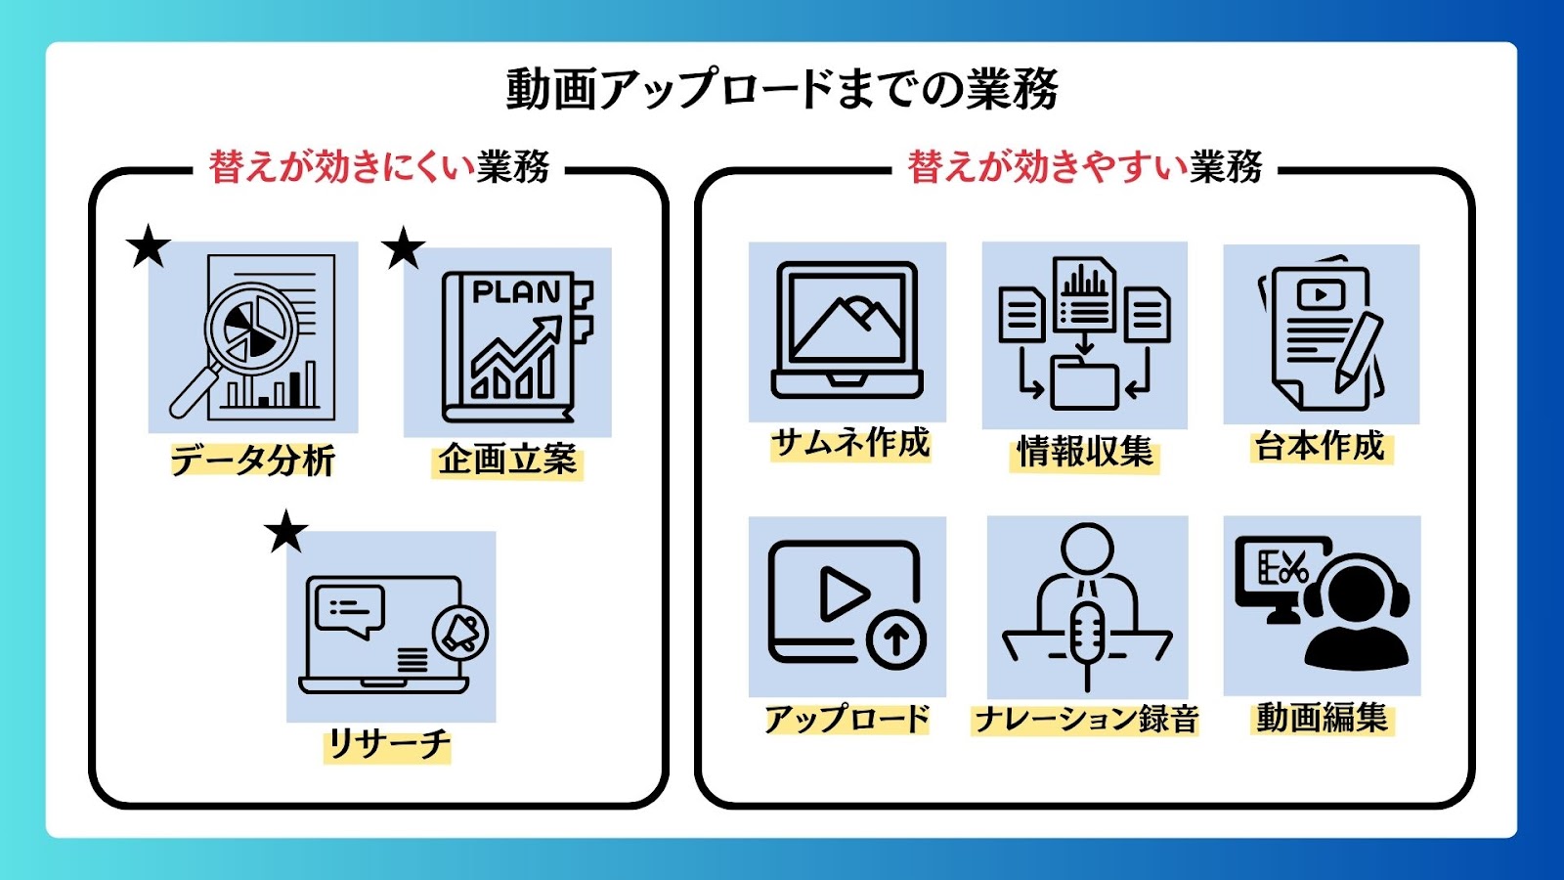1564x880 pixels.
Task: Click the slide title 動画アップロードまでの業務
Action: [x=782, y=89]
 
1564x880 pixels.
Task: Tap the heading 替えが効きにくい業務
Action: [x=379, y=167]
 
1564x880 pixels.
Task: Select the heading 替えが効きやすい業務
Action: [x=1085, y=167]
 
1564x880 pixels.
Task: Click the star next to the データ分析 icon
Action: [x=148, y=245]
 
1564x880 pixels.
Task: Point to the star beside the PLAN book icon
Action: [x=403, y=247]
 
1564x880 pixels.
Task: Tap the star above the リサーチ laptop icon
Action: [x=286, y=531]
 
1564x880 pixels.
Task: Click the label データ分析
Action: [x=253, y=460]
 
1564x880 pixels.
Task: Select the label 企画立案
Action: [x=507, y=461]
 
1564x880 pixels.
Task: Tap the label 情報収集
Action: [x=1085, y=452]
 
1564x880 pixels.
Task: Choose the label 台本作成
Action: [x=1320, y=446]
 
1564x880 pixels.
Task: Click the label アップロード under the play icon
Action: [x=847, y=719]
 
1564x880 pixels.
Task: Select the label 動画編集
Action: [x=1322, y=718]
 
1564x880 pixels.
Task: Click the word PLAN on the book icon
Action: [x=517, y=292]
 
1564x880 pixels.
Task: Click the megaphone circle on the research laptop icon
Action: [x=460, y=634]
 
